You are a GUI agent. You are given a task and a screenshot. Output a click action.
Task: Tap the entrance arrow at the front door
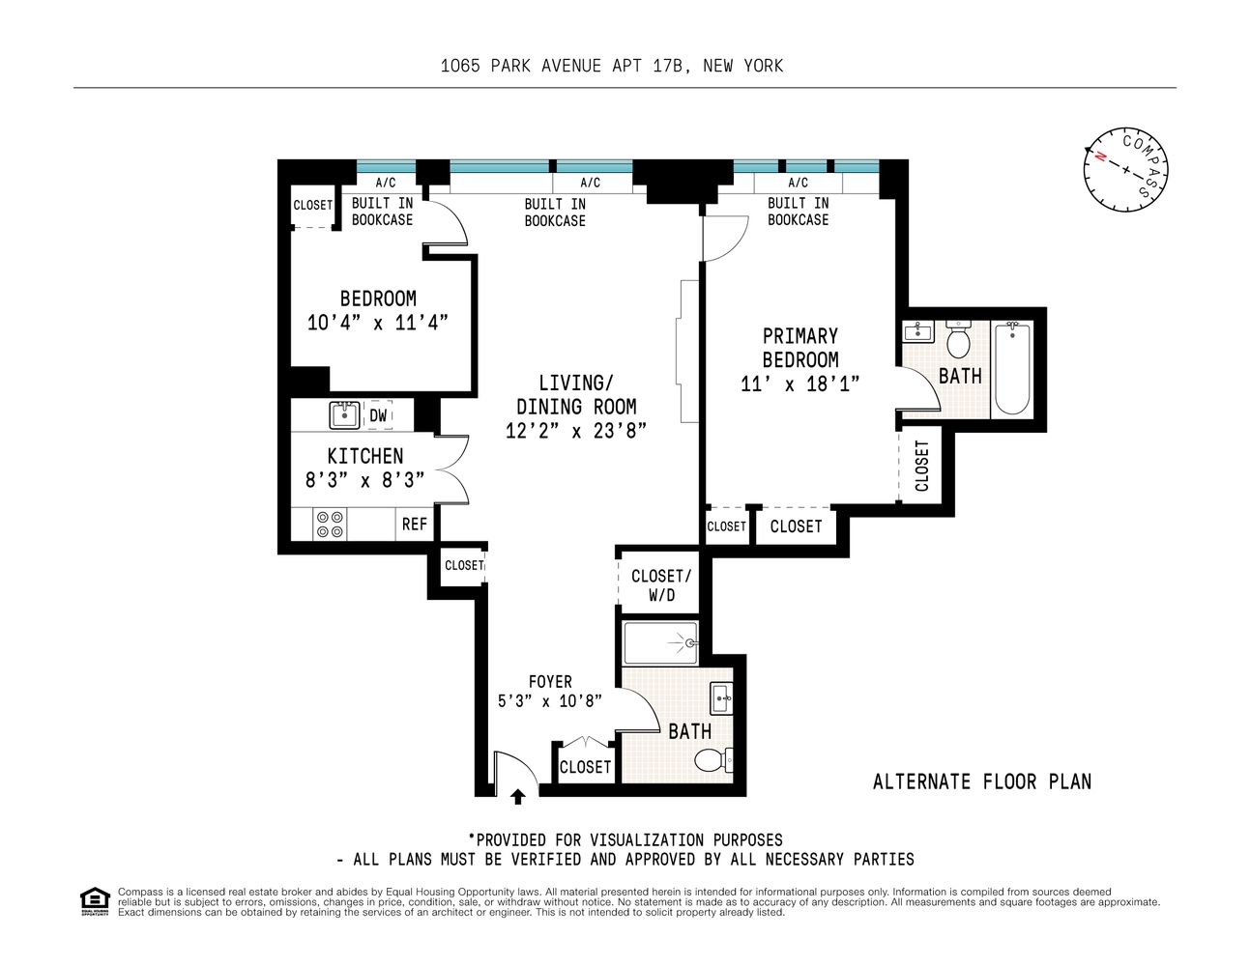pos(518,796)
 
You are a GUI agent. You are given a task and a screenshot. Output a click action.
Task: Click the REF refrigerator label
pos(415,524)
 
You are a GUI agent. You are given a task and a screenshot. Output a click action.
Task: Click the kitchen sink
pos(342,415)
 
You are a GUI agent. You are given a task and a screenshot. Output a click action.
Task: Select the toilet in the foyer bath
pos(712,761)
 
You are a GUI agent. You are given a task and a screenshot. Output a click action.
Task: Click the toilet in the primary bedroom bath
pos(959,341)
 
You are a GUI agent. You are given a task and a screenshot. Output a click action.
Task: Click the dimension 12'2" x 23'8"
pos(576,431)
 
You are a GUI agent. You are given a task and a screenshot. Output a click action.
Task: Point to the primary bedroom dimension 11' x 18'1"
pos(799,384)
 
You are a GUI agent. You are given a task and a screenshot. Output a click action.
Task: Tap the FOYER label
pos(550,682)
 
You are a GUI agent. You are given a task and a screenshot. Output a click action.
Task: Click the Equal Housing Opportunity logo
pos(93,900)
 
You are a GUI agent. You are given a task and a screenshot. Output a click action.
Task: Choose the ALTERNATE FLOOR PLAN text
pos(981,781)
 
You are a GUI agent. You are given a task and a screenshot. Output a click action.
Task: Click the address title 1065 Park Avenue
pos(611,66)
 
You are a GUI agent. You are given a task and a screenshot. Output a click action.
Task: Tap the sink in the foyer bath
pos(720,697)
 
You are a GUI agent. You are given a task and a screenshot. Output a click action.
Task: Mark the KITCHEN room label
pos(364,456)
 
